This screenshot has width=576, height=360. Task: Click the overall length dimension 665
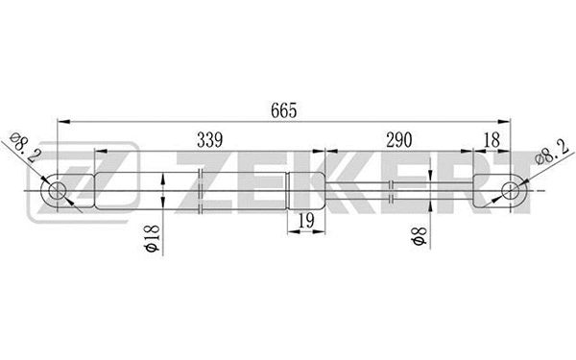[x=284, y=110]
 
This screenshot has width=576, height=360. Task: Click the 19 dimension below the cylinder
[x=304, y=221]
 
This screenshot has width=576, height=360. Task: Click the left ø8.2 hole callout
[x=24, y=149]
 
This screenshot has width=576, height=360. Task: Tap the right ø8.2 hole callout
[x=551, y=149]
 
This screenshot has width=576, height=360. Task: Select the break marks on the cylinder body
[x=199, y=189]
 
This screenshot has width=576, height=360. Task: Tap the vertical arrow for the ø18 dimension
[x=165, y=189]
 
